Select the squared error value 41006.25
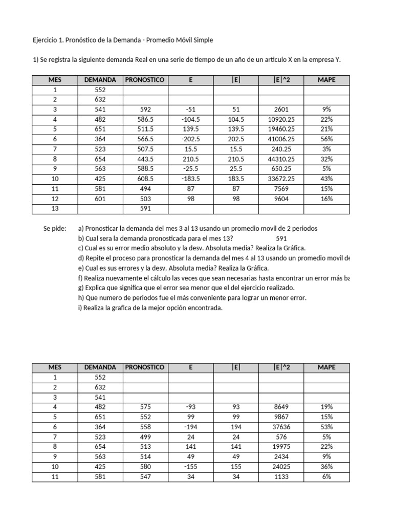coord(281,139)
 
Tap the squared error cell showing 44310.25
coord(281,159)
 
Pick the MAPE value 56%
coord(327,139)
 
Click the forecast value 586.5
coord(145,119)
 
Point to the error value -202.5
coord(190,139)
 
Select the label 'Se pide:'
coord(55,229)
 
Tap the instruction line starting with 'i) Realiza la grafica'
coord(150,308)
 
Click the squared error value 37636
coord(281,427)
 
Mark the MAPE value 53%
coord(327,427)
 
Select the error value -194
coord(190,427)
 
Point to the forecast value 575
coord(145,407)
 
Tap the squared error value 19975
coord(281,447)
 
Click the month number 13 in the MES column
coord(55,209)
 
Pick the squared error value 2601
coord(281,109)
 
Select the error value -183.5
coord(190,179)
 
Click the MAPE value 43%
coord(327,179)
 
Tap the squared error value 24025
coord(281,467)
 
